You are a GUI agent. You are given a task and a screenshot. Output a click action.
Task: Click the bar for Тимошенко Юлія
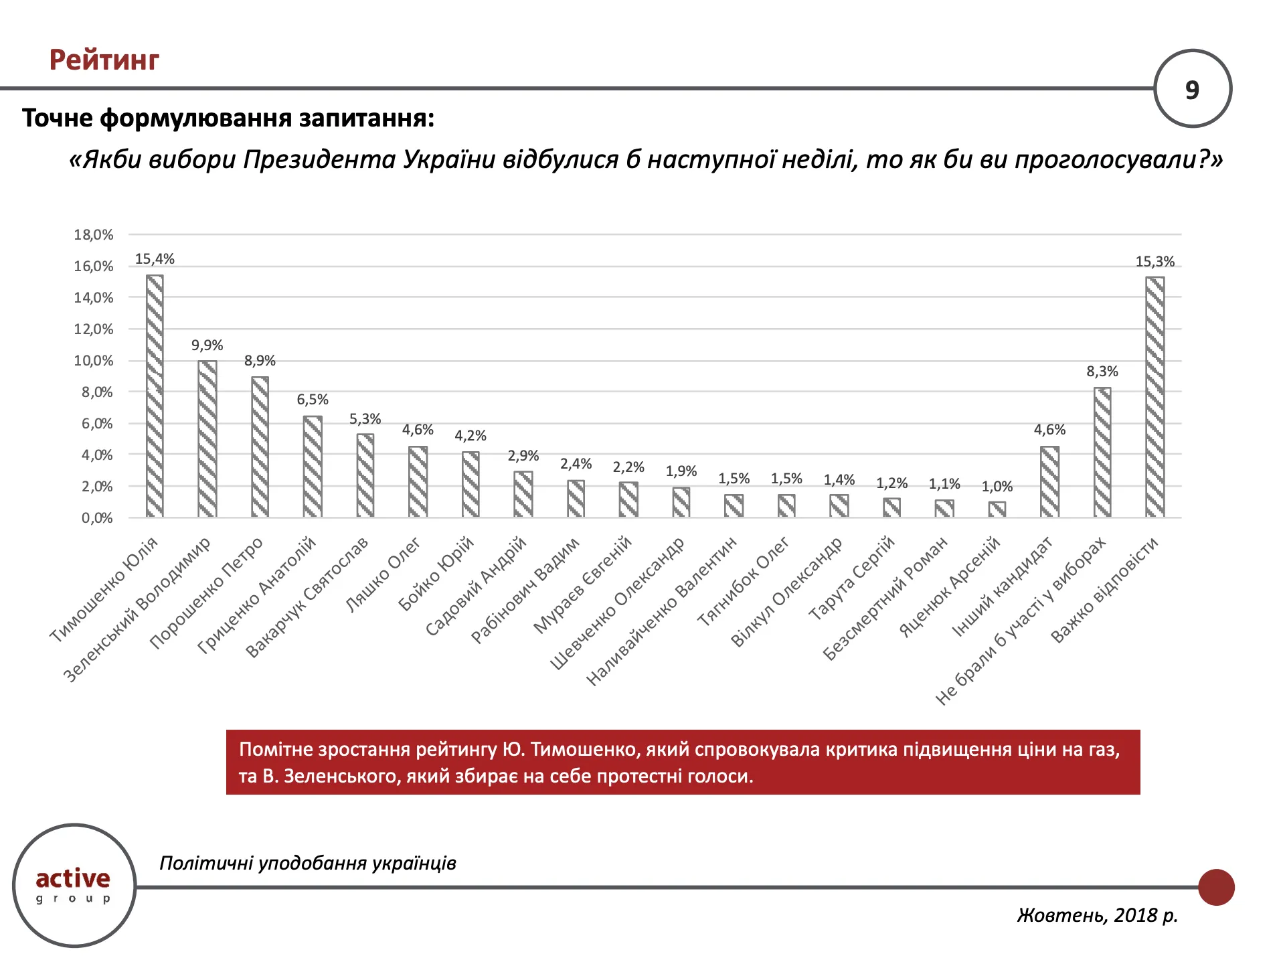coord(155,396)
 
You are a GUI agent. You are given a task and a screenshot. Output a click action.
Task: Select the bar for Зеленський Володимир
coord(207,438)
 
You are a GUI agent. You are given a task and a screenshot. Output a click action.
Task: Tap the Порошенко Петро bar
coord(260,447)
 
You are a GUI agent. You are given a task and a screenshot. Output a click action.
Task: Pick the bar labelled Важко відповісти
coord(1155,396)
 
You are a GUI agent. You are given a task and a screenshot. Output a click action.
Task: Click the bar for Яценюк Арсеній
coord(997,509)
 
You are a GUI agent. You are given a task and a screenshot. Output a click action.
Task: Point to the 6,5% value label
coord(313,400)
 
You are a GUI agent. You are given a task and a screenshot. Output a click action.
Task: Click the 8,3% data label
coord(1102,372)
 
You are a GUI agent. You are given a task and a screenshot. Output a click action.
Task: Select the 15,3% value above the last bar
coord(1155,262)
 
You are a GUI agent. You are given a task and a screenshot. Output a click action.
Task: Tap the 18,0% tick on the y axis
coord(94,235)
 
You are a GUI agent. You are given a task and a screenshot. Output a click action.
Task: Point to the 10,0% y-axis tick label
coord(94,361)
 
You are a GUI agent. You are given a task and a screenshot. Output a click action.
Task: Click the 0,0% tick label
coord(97,518)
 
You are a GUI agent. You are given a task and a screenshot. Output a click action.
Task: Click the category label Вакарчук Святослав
coord(307,598)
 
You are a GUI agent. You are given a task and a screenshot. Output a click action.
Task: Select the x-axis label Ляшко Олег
coord(383,575)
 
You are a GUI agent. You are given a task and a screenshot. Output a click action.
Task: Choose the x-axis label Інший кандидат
coord(1002,587)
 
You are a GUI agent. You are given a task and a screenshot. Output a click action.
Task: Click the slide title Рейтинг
coord(104,60)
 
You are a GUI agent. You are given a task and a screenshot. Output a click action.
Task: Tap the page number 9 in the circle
coord(1192,90)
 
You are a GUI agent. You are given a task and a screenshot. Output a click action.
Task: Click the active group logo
coord(74,885)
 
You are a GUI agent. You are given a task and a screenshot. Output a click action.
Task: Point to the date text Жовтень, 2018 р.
coord(1097,915)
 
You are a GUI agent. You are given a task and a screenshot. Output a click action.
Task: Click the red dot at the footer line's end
coord(1215,887)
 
